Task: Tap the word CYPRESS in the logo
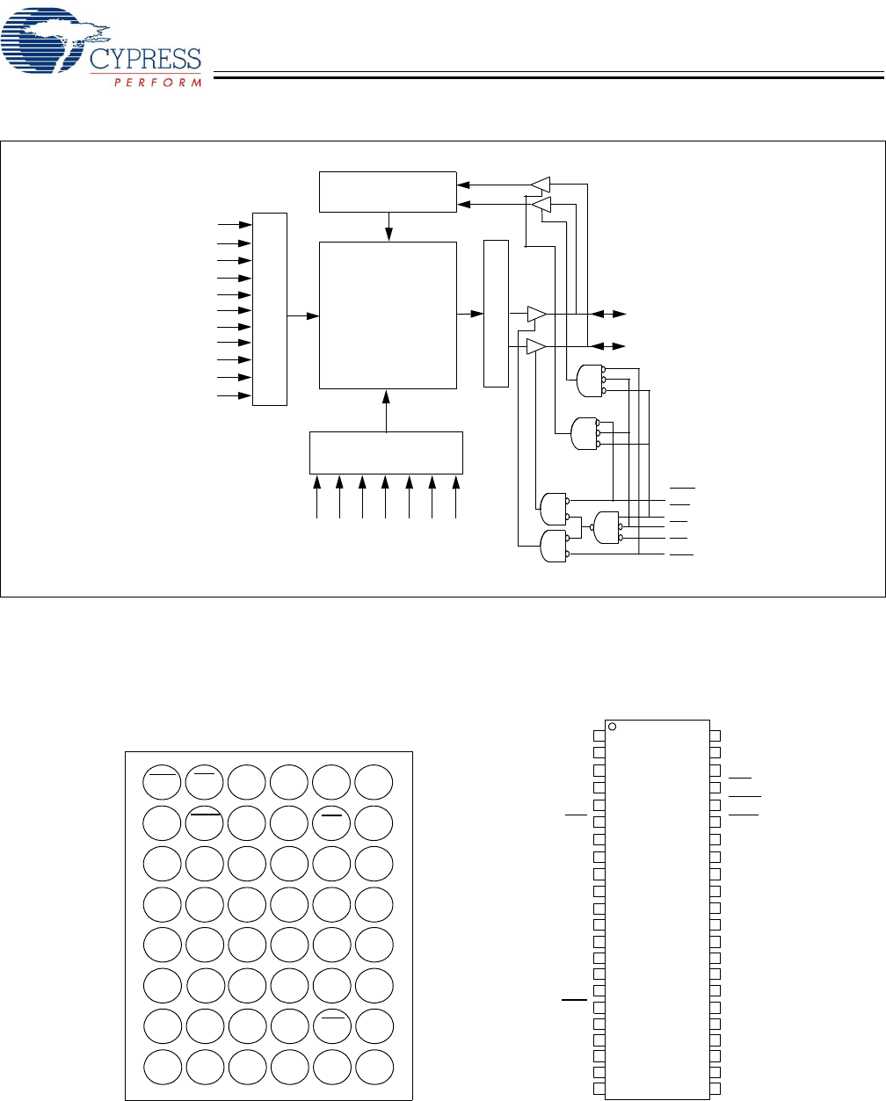(146, 60)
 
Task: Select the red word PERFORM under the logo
(158, 83)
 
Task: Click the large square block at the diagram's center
(388, 315)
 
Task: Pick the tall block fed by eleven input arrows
(270, 308)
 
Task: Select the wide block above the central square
(388, 192)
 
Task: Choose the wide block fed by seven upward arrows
(386, 453)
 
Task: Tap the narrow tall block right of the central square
(496, 313)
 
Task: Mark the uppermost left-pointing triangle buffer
(540, 185)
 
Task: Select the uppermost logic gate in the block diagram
(588, 380)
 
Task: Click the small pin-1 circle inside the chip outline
(613, 727)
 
